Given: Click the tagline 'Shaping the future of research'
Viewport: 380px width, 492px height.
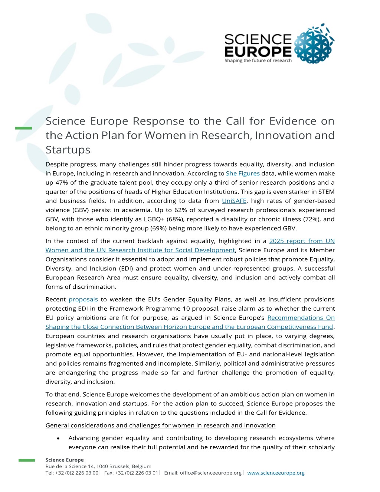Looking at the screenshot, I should pyautogui.click(x=258, y=61).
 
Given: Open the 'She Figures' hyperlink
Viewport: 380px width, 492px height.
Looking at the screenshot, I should pyautogui.click(x=243, y=174).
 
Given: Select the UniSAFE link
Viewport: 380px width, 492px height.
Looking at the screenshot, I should pyautogui.click(x=234, y=201).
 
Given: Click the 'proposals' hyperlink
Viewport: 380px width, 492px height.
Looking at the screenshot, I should pyautogui.click(x=83, y=300).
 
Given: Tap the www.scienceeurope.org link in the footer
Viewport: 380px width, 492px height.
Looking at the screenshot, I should pyautogui.click(x=276, y=473).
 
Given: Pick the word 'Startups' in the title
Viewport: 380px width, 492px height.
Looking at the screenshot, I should pyautogui.click(x=68, y=150).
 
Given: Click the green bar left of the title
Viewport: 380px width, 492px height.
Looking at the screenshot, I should pyautogui.click(x=23, y=128).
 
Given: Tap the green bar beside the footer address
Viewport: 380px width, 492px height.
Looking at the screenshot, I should pyautogui.click(x=27, y=460).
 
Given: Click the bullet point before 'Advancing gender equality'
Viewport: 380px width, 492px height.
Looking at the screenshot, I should pyautogui.click(x=58, y=439).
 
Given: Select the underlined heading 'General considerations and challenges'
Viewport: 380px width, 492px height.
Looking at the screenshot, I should pyautogui.click(x=160, y=425).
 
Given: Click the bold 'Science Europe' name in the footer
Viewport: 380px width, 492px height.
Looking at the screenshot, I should pyautogui.click(x=65, y=460).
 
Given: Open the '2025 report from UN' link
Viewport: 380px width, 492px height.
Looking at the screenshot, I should pyautogui.click(x=302, y=241).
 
